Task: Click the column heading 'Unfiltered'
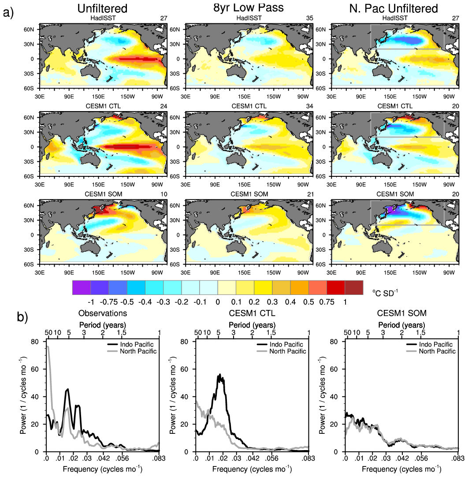coord(102,8)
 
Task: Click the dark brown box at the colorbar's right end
coord(353,287)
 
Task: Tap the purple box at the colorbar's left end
coord(82,287)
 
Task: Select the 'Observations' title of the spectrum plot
coord(103,313)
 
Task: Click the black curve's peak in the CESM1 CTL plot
coord(219,375)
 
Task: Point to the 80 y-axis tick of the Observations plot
coord(39,342)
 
